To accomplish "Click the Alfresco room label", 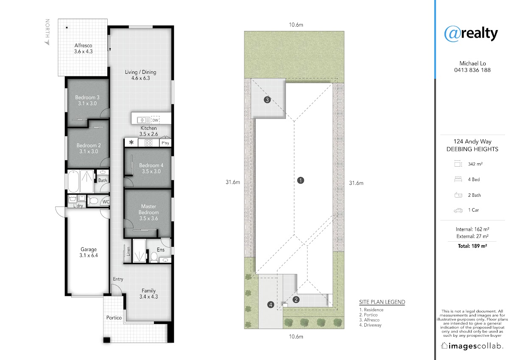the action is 83,45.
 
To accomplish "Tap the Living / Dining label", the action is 141,72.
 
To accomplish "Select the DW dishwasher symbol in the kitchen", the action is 155,120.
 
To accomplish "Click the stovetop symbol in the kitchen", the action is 148,143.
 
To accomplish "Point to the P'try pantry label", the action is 165,143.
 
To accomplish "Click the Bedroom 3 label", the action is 87,98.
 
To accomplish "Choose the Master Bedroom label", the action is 148,209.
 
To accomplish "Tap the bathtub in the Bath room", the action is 73,181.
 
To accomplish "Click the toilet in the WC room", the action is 93,201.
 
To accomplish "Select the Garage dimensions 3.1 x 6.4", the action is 89,255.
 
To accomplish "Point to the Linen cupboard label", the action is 129,251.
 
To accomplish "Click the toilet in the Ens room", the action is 154,257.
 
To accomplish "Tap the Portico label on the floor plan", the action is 114,318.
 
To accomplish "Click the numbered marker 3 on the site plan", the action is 267,100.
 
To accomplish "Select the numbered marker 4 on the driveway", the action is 271,304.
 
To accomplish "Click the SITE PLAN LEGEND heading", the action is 382,302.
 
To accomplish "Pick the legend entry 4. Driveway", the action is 370,325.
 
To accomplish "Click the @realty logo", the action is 471,33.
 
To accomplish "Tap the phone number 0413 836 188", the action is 473,70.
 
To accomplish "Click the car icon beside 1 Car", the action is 458,210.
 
